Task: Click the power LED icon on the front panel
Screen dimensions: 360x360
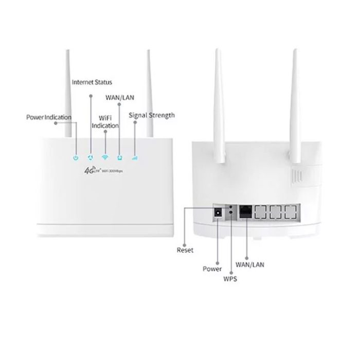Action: point(76,158)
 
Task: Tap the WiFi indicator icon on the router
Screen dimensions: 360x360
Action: point(105,157)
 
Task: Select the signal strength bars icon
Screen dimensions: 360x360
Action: point(135,158)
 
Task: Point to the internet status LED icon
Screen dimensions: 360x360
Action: point(91,157)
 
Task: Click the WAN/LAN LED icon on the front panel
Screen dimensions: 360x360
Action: point(120,157)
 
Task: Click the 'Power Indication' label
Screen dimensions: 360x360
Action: point(49,117)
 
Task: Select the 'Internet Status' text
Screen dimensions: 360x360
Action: point(92,82)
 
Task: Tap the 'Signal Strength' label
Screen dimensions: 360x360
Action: point(152,115)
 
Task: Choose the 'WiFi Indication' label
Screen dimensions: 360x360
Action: point(105,122)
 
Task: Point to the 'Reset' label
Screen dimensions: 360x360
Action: point(185,250)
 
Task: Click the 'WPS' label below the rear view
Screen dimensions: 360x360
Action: point(230,279)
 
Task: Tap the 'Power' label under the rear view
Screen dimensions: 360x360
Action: point(212,269)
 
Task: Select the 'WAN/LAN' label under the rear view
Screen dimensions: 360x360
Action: point(250,264)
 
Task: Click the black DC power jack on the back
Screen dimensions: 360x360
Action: point(218,212)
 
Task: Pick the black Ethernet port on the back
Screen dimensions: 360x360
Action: point(245,212)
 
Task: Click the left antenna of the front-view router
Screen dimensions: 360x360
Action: point(68,94)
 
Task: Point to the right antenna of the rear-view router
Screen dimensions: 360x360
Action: point(295,106)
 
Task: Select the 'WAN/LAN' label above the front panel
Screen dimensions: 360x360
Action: point(120,98)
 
